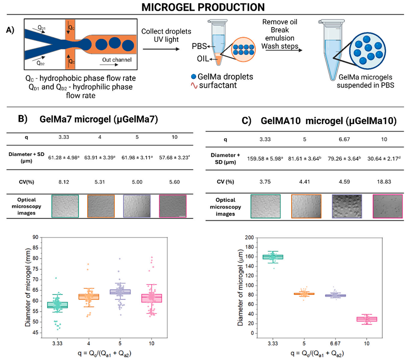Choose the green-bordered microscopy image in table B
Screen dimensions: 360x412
[x=65, y=207]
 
